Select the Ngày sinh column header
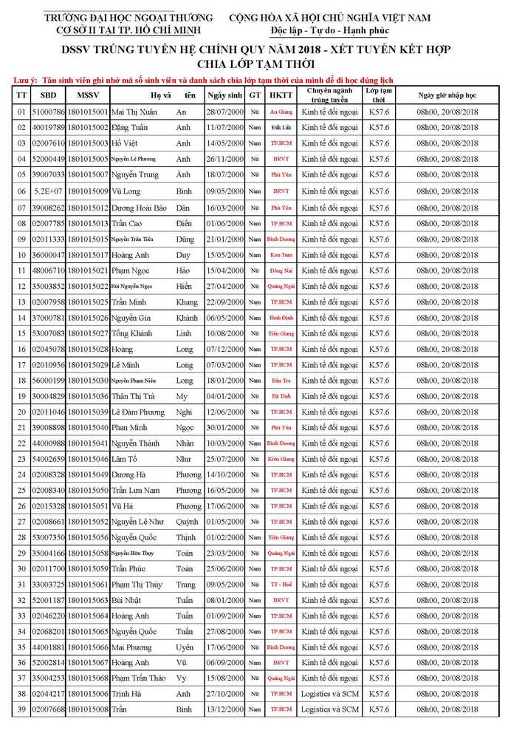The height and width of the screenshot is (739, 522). coord(224,95)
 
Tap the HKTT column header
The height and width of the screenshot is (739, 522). coord(281,95)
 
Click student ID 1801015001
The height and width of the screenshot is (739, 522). coord(88,112)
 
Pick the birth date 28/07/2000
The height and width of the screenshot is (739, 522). coord(224,112)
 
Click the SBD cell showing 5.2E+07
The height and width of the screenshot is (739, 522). coord(48,191)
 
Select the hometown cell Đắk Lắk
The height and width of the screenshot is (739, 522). coord(281,127)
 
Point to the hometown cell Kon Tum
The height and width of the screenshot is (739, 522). coord(281,254)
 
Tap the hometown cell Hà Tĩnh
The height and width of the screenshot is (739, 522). coord(281,396)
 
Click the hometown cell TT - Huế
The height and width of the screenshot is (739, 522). coord(281,585)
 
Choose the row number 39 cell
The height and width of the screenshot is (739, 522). coord(21,709)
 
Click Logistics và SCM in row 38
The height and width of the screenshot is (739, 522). coord(330,694)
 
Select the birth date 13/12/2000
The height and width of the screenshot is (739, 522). coord(224,709)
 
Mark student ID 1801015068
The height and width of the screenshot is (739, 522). coord(88,678)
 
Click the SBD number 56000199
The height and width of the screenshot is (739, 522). coord(48,380)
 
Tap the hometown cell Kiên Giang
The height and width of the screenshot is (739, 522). coord(281,459)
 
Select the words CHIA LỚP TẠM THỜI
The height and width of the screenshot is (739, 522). coord(261,64)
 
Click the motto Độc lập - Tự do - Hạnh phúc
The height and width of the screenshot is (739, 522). coord(329,30)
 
